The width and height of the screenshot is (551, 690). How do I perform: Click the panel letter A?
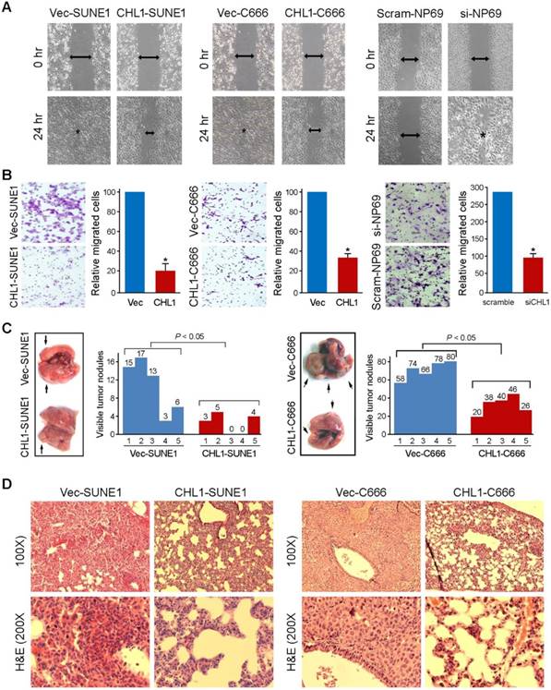point(7,7)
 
